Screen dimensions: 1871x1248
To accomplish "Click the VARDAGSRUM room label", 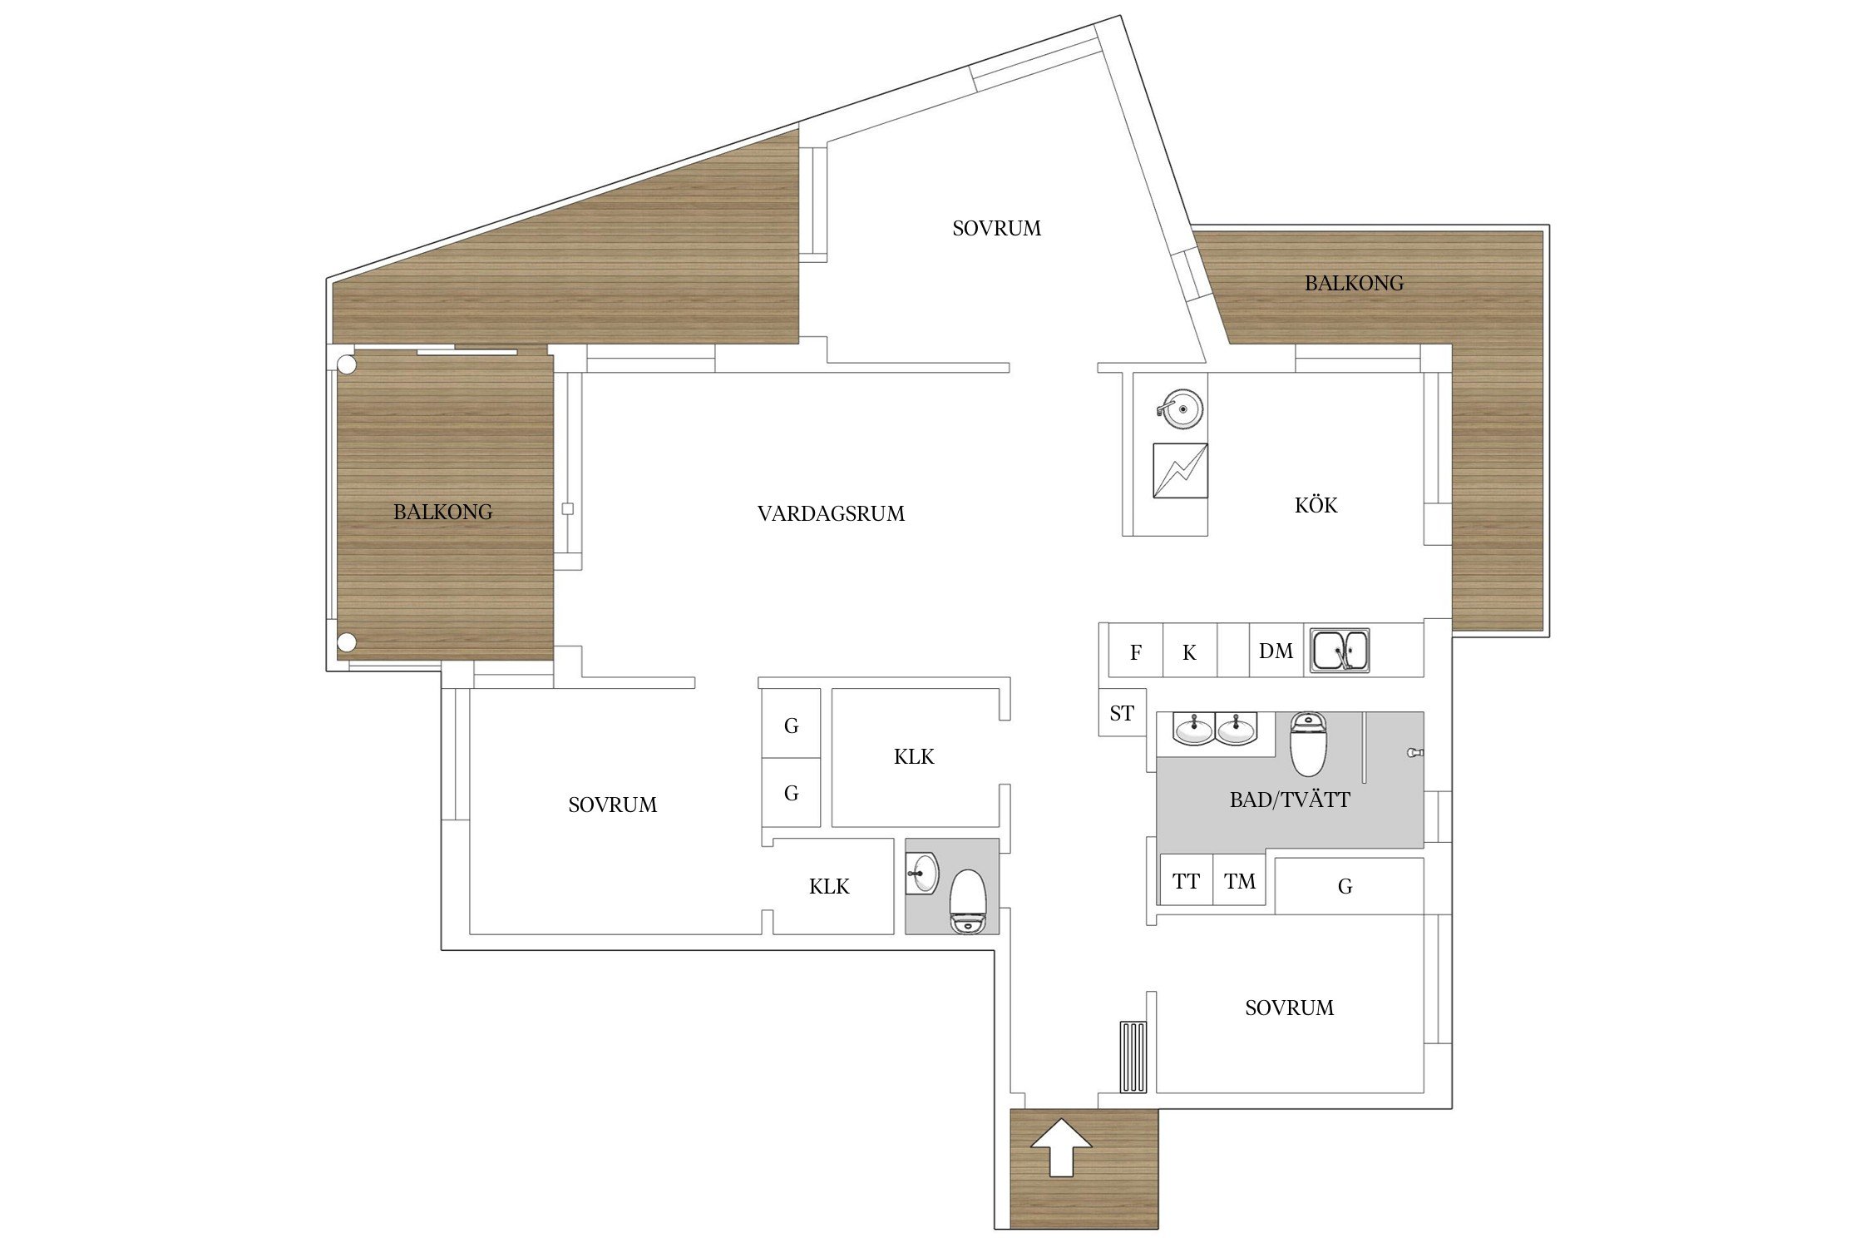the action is click(831, 513).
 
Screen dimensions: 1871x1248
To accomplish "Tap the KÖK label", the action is click(1316, 504).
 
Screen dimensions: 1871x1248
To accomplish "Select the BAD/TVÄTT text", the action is click(1290, 800).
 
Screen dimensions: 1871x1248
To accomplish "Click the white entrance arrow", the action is click(1061, 1147).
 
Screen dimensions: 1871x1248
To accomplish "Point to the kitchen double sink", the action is click(1340, 650).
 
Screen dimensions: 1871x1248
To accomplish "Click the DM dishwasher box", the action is click(1276, 651).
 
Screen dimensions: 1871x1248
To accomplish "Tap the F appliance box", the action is click(1135, 651).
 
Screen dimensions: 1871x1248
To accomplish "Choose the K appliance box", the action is click(1189, 651).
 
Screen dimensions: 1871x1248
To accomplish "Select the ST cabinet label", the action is click(1122, 713).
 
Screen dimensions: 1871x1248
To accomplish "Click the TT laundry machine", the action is click(1186, 879).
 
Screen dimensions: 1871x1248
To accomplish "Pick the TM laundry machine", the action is click(1239, 879).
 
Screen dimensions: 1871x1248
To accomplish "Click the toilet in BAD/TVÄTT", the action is click(1307, 744).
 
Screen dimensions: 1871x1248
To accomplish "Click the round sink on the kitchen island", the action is click(1181, 409).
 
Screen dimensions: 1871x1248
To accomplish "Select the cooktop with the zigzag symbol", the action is click(1180, 471).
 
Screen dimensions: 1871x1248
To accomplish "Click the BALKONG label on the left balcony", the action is click(442, 512).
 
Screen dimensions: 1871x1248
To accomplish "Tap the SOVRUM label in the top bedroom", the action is click(996, 228).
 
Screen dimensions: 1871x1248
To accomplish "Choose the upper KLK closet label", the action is click(914, 756).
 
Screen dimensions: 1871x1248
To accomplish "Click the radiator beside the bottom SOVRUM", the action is click(1133, 1057).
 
